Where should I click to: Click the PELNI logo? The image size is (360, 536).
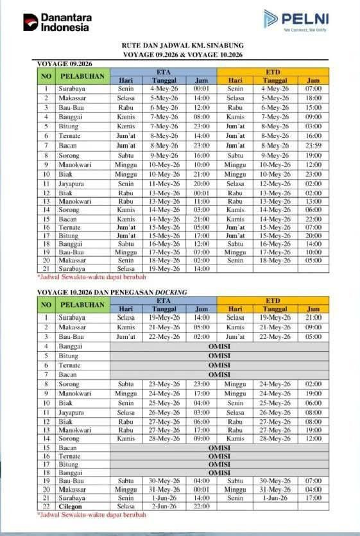pyautogui.click(x=296, y=19)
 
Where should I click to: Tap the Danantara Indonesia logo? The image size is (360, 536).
pyautogui.click(x=57, y=22)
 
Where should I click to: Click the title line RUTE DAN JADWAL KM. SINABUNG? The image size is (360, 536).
pyautogui.click(x=182, y=46)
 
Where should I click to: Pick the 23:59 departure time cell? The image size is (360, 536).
pyautogui.click(x=313, y=146)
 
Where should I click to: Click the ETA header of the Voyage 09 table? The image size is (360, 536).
pyautogui.click(x=164, y=72)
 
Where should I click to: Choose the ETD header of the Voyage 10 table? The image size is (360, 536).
pyautogui.click(x=273, y=300)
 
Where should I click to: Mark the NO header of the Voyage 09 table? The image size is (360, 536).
pyautogui.click(x=46, y=76)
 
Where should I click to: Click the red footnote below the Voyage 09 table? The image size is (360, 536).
pyautogui.click(x=83, y=277)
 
